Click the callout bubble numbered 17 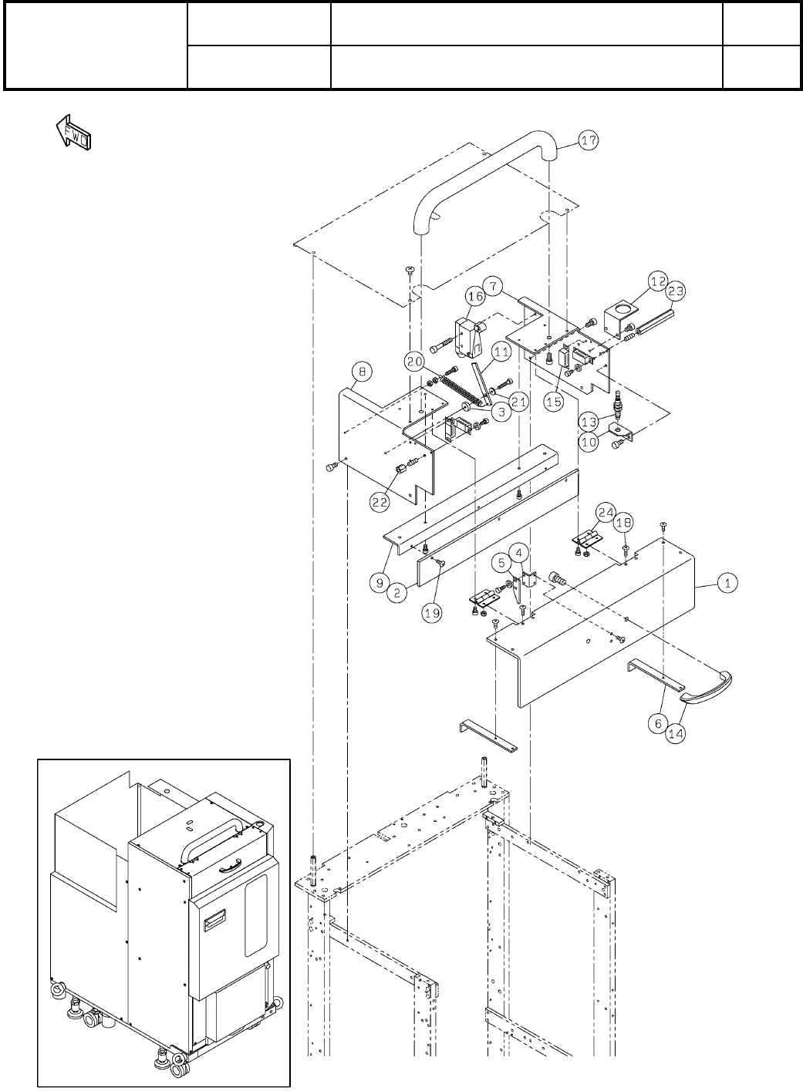point(589,142)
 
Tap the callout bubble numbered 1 point(725,583)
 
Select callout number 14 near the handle point(675,734)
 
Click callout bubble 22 point(380,500)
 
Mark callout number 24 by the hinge point(605,512)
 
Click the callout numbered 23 point(676,291)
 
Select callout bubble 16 point(475,295)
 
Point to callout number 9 point(379,583)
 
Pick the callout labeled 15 point(554,401)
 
